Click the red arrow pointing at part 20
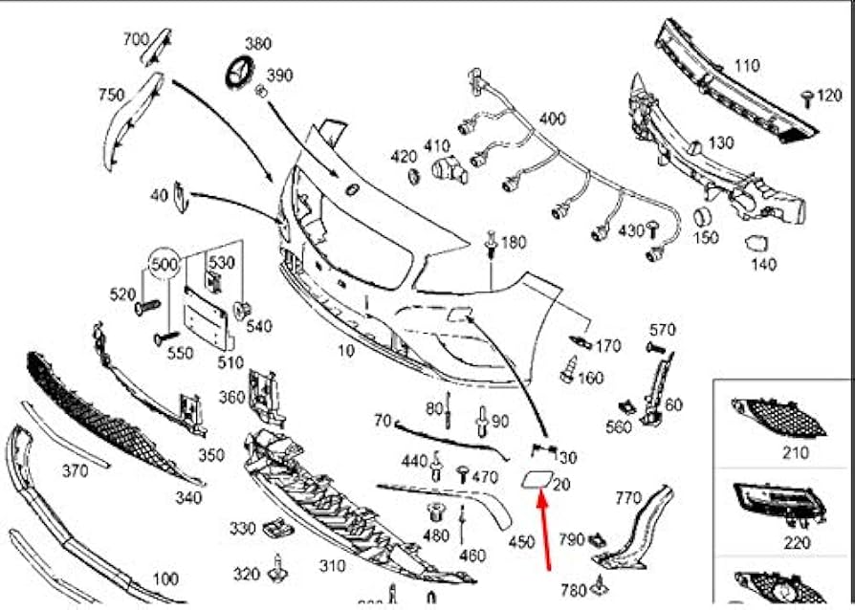click(x=547, y=531)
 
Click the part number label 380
click(x=258, y=43)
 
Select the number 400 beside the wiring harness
click(x=552, y=119)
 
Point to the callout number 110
click(x=747, y=66)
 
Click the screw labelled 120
click(x=808, y=97)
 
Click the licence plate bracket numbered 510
click(x=208, y=316)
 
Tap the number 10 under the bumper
click(x=345, y=351)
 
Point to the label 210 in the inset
click(x=795, y=452)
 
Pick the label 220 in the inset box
click(x=796, y=541)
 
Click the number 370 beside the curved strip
click(x=75, y=470)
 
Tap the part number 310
click(x=332, y=566)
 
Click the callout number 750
click(x=111, y=95)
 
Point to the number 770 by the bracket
click(x=627, y=497)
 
